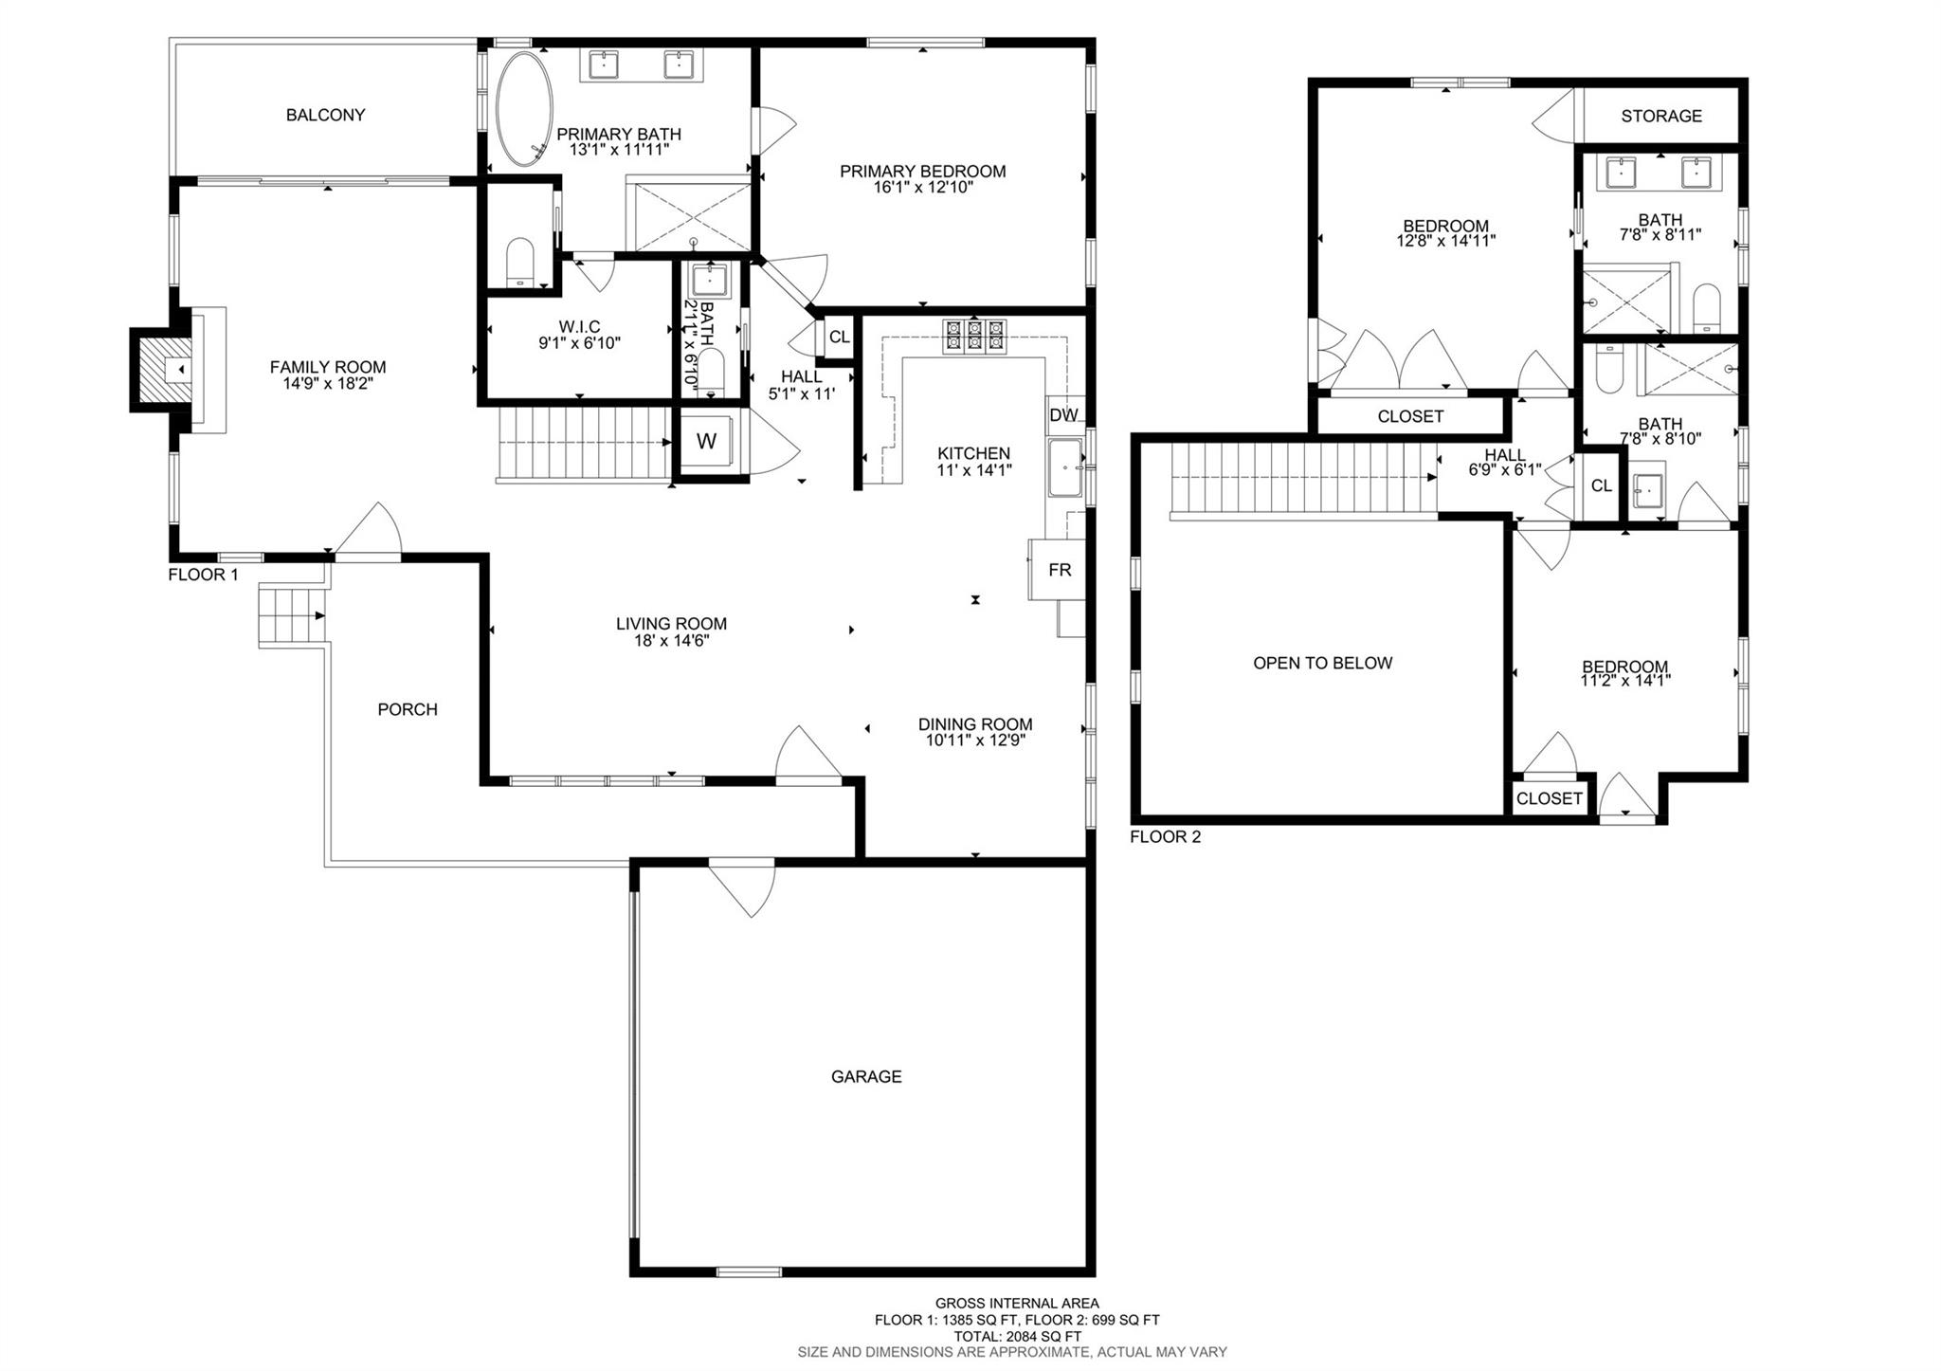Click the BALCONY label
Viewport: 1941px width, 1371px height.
[x=325, y=115]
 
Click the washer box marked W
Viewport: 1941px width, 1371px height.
[x=707, y=441]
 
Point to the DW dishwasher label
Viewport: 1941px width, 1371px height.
[x=1063, y=414]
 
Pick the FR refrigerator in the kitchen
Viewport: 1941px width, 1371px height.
[x=1058, y=569]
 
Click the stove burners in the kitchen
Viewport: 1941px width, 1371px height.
[x=974, y=337]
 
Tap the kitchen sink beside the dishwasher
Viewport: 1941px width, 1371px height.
[x=1066, y=467]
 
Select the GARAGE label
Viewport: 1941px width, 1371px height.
[x=866, y=1076]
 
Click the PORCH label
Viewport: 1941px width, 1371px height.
[x=408, y=709]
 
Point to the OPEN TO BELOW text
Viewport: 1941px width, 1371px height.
[x=1323, y=663]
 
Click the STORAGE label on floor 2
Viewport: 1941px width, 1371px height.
[x=1661, y=116]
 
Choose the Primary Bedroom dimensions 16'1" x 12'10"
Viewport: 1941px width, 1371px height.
[x=923, y=188]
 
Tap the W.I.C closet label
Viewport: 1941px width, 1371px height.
[x=579, y=327]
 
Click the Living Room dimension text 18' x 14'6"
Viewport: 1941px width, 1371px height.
[x=671, y=640]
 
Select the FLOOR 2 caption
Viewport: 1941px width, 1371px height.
[x=1165, y=837]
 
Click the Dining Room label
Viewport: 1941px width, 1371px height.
[x=975, y=724]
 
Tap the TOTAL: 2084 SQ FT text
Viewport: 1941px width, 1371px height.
[x=1016, y=1336]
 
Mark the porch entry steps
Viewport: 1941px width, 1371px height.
[x=292, y=615]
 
